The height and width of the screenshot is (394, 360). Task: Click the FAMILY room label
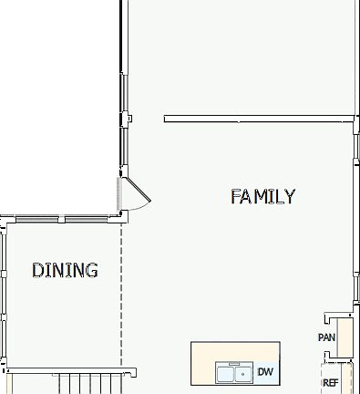pos(262,196)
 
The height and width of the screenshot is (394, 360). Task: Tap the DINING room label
pos(65,270)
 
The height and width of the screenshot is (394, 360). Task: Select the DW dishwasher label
pos(265,372)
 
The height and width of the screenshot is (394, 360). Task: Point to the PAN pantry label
pos(326,337)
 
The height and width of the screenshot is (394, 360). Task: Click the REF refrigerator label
pos(330,383)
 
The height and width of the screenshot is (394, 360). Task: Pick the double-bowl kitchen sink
pos(233,373)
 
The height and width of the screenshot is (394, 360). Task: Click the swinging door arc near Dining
pos(139,196)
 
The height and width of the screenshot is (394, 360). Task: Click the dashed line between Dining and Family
pos(121,292)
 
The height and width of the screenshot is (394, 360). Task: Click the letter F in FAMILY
pos(236,196)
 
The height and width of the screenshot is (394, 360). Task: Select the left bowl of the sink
pos(225,373)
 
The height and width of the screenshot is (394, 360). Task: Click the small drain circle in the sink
pos(243,374)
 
